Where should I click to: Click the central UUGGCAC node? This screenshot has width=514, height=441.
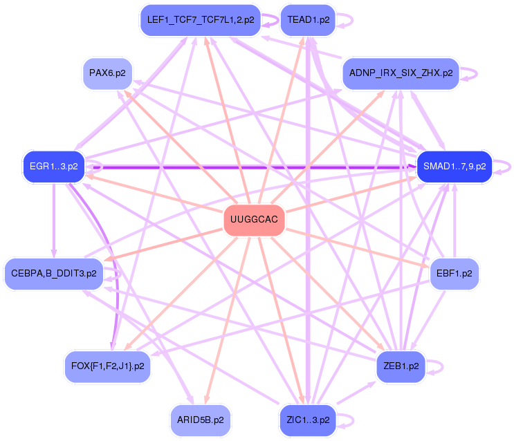tap(255, 220)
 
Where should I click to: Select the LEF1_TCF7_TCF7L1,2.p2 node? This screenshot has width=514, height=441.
tap(200, 20)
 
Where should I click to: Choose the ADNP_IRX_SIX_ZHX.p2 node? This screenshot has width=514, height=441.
tap(401, 73)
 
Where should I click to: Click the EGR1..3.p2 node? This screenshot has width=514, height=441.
tap(53, 167)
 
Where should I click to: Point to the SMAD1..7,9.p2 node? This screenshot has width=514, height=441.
tap(454, 167)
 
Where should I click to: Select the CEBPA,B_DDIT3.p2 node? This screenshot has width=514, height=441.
tap(53, 273)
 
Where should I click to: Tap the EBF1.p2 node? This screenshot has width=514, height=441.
tap(454, 273)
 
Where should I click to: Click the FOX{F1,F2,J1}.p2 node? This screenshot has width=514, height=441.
tap(107, 366)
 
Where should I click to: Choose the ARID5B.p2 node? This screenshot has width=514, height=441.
tap(200, 420)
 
